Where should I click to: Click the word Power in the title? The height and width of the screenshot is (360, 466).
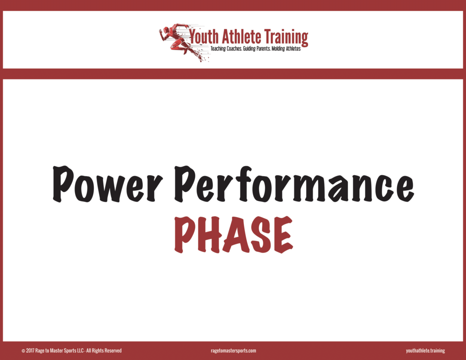click(x=107, y=184)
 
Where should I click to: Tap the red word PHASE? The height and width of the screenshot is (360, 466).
click(x=233, y=235)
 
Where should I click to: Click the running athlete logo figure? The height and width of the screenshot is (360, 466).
click(x=182, y=42)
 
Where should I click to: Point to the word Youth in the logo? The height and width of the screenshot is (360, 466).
click(x=204, y=36)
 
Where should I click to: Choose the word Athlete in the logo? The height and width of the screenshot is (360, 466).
click(x=241, y=36)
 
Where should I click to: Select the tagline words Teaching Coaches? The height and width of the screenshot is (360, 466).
click(x=226, y=49)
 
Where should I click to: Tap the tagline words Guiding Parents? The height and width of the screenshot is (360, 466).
click(x=257, y=49)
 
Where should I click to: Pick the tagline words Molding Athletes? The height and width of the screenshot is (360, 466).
click(x=286, y=49)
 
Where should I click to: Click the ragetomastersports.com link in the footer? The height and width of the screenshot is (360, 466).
click(x=233, y=351)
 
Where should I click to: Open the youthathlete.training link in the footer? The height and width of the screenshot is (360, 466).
click(x=425, y=351)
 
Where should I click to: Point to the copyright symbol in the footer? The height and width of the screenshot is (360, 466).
click(x=23, y=351)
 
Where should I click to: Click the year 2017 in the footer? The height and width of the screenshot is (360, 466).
click(x=30, y=351)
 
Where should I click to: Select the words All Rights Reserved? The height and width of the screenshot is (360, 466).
click(x=104, y=351)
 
